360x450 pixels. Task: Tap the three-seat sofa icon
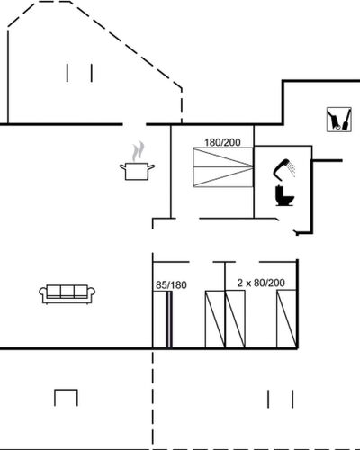point(67,294)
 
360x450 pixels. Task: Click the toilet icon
point(284,196)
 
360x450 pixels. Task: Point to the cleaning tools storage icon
point(339,120)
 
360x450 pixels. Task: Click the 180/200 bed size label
point(222,142)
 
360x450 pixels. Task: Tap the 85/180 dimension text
point(171,285)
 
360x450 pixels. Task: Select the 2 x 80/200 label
point(261,283)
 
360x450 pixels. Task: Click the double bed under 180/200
point(223,167)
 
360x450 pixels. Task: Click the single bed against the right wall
point(287,319)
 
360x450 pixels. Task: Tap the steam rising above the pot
point(138,151)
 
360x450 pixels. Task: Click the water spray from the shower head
point(291,168)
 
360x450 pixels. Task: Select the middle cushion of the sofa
point(67,291)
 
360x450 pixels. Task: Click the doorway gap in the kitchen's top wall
point(134,124)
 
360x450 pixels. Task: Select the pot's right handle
point(151,166)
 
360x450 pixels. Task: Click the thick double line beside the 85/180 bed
point(169,319)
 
